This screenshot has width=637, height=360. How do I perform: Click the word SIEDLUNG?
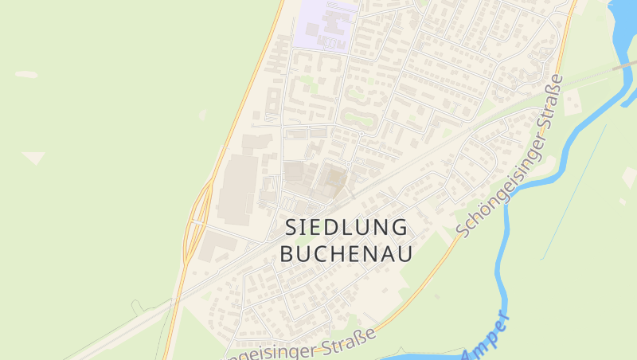click(346, 228)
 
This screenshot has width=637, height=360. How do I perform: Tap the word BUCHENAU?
click(346, 253)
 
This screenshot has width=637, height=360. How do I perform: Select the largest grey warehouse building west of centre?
click(237, 187)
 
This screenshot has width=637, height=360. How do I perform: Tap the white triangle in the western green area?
click(34, 158)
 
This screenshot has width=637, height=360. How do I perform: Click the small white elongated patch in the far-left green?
click(26, 75)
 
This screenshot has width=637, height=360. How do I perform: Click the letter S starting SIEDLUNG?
click(292, 228)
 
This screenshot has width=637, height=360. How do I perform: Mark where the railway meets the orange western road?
click(174, 300)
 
